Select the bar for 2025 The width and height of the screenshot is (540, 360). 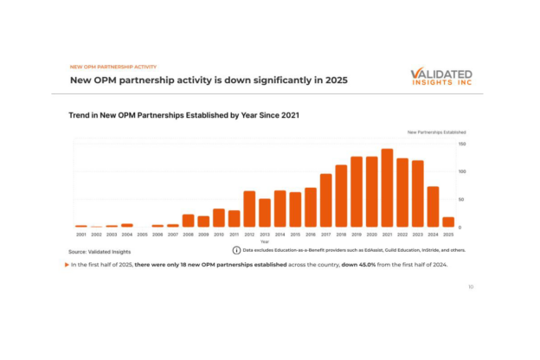click(448, 222)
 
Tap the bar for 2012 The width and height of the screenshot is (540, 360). click(249, 209)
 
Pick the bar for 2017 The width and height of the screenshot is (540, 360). click(326, 200)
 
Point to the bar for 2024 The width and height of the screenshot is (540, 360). click(433, 206)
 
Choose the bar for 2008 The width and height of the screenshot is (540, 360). click(188, 220)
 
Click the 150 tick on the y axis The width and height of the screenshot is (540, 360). click(462, 144)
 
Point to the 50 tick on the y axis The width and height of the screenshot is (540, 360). click(461, 200)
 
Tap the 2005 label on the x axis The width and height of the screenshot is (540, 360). click(142, 235)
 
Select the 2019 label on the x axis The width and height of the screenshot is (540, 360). click(357, 235)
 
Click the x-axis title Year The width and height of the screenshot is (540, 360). click(265, 241)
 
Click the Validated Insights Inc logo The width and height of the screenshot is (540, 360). click(441, 78)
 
